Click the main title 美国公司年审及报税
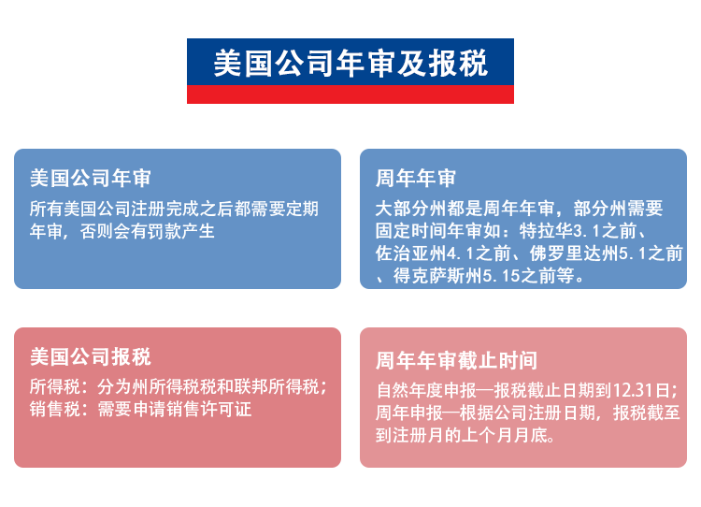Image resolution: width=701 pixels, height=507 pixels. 350,63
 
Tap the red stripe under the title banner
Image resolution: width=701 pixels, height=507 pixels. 350,94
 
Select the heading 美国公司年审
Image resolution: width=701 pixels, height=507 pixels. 91,178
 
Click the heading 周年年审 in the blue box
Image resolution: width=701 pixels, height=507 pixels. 416,178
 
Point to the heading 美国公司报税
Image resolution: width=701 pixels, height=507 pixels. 91,356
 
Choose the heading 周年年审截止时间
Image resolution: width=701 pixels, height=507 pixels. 456,360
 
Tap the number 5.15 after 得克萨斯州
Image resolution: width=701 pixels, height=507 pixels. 502,276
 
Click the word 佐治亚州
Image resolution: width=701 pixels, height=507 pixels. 411,253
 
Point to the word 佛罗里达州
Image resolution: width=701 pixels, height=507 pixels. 575,253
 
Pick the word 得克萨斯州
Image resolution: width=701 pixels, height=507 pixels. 438,276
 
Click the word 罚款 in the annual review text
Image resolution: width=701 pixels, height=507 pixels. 165,231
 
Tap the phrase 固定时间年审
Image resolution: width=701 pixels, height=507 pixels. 429,231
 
